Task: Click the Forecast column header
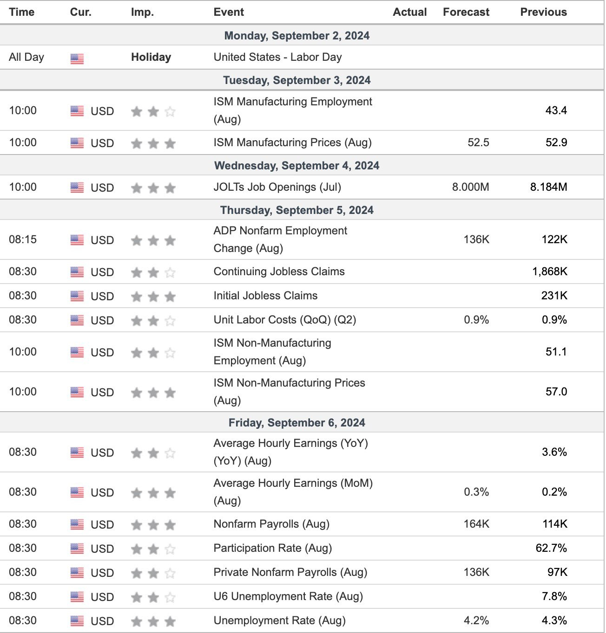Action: pyautogui.click(x=466, y=12)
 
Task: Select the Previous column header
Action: pyautogui.click(x=543, y=12)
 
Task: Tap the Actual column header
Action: pyautogui.click(x=409, y=12)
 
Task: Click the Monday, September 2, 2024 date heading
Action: pyautogui.click(x=297, y=35)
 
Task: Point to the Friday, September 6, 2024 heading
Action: pyautogui.click(x=297, y=423)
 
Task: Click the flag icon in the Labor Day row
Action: pyautogui.click(x=77, y=58)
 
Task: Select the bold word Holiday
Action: pyautogui.click(x=151, y=57)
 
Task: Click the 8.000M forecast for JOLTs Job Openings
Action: pyautogui.click(x=470, y=187)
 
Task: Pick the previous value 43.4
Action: pyautogui.click(x=556, y=110)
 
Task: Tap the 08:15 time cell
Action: pyautogui.click(x=23, y=239)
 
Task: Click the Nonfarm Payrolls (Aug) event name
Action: pyautogui.click(x=271, y=524)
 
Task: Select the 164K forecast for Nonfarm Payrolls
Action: pyautogui.click(x=476, y=523)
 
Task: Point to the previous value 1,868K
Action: pyautogui.click(x=550, y=271)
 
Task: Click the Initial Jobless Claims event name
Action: pyautogui.click(x=265, y=295)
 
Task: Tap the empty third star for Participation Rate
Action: pyautogui.click(x=170, y=549)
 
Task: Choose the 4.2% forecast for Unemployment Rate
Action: pyautogui.click(x=476, y=620)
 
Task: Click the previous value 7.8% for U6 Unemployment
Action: pyautogui.click(x=554, y=596)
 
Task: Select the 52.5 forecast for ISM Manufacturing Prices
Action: pyautogui.click(x=478, y=142)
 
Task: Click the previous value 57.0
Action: pyautogui.click(x=556, y=391)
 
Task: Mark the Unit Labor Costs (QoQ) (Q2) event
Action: pyautogui.click(x=285, y=320)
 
